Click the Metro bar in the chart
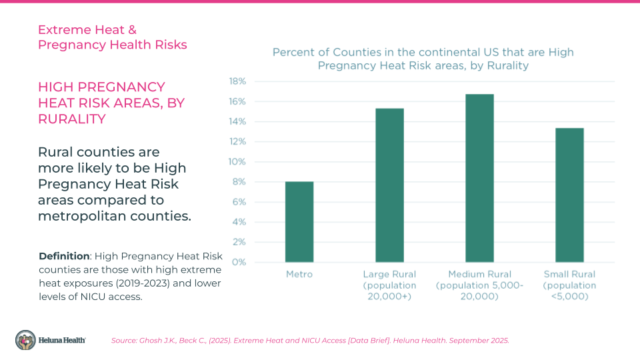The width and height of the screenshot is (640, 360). [x=299, y=222]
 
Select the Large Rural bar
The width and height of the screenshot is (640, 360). [x=389, y=185]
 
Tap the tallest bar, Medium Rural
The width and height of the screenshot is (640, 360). [x=479, y=178]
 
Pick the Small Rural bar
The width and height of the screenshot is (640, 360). [x=569, y=195]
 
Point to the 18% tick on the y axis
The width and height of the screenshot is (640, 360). [x=238, y=81]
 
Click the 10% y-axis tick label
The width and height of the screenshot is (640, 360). [x=238, y=162]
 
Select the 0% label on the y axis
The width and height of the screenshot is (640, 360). [x=239, y=262]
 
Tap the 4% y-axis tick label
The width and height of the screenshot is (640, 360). [x=239, y=222]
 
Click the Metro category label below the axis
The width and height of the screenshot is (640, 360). [x=299, y=274]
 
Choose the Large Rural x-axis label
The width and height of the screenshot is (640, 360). [x=389, y=285]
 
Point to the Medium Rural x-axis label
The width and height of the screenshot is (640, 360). [x=479, y=285]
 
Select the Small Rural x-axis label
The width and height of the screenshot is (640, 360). [x=569, y=285]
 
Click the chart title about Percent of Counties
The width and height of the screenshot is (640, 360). [x=423, y=59]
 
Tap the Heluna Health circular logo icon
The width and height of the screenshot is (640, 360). [x=26, y=340]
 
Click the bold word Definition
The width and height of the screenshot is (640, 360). [x=64, y=256]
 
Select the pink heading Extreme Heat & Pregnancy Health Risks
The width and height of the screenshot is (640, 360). [x=112, y=37]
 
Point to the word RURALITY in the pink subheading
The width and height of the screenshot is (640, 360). [x=72, y=119]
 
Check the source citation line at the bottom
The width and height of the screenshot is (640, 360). [x=310, y=341]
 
